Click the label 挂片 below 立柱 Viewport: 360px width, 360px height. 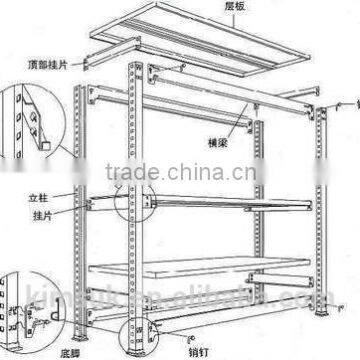point(67,215)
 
